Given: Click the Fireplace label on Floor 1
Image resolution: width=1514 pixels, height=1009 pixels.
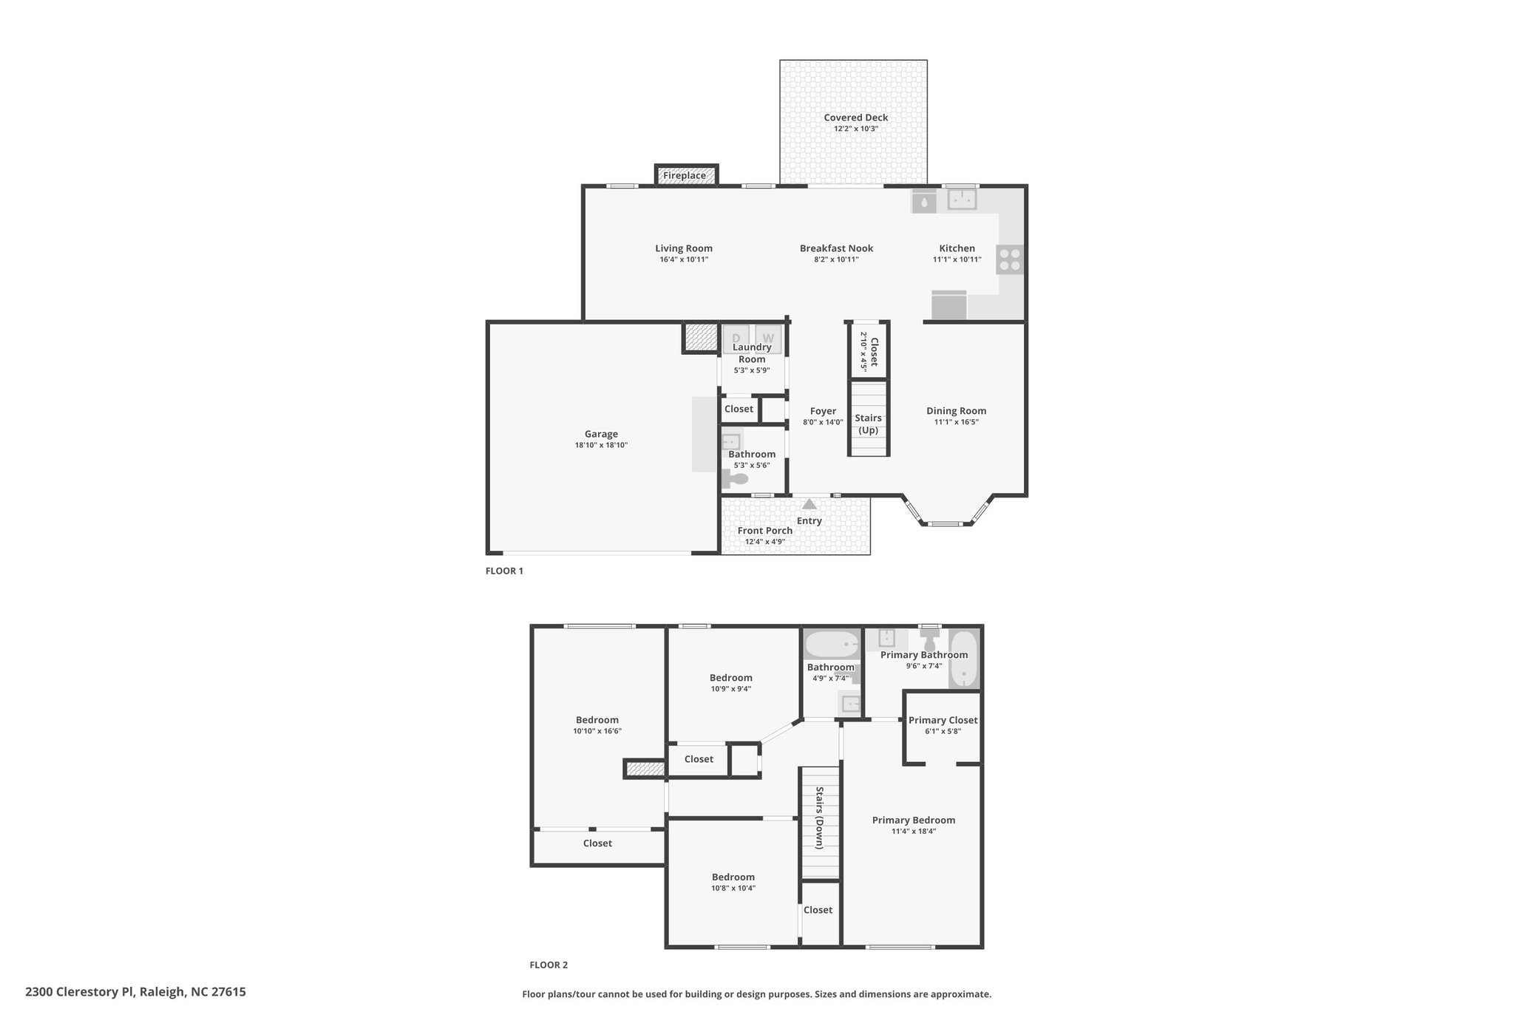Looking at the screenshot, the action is tap(684, 176).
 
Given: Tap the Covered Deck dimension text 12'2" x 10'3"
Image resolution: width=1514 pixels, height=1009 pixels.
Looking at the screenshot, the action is tap(856, 129).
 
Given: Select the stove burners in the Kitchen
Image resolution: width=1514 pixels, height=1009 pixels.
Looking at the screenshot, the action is tap(1010, 259).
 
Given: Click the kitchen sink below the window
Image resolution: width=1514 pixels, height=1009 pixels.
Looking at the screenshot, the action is tap(962, 200).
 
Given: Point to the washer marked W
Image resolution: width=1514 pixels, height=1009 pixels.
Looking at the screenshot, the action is tap(768, 338).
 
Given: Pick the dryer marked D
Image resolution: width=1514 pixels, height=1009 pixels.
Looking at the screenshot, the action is tap(736, 338).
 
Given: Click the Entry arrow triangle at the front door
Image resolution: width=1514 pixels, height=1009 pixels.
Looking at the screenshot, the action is tap(809, 504).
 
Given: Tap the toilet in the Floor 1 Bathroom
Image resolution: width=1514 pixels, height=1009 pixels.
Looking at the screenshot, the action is tap(734, 480).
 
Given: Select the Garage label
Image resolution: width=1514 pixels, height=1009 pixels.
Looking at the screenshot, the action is tap(601, 434).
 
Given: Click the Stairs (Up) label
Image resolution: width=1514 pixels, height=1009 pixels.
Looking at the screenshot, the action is tap(868, 424).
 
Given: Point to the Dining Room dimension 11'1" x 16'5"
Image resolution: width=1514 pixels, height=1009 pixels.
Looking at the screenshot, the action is tap(957, 422).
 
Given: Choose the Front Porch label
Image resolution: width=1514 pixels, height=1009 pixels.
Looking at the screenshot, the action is tap(765, 530).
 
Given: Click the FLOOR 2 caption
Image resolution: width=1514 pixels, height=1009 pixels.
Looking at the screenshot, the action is tap(549, 965).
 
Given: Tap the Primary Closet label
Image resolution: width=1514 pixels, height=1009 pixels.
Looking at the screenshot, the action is tap(943, 720).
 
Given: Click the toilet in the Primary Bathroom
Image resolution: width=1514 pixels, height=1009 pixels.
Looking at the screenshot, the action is tap(929, 638).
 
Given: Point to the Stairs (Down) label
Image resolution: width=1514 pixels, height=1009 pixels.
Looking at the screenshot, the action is tap(820, 818).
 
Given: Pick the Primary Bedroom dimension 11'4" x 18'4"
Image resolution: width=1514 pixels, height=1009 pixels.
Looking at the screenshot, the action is tap(914, 831).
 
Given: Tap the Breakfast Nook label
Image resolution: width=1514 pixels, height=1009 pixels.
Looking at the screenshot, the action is tap(836, 248).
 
